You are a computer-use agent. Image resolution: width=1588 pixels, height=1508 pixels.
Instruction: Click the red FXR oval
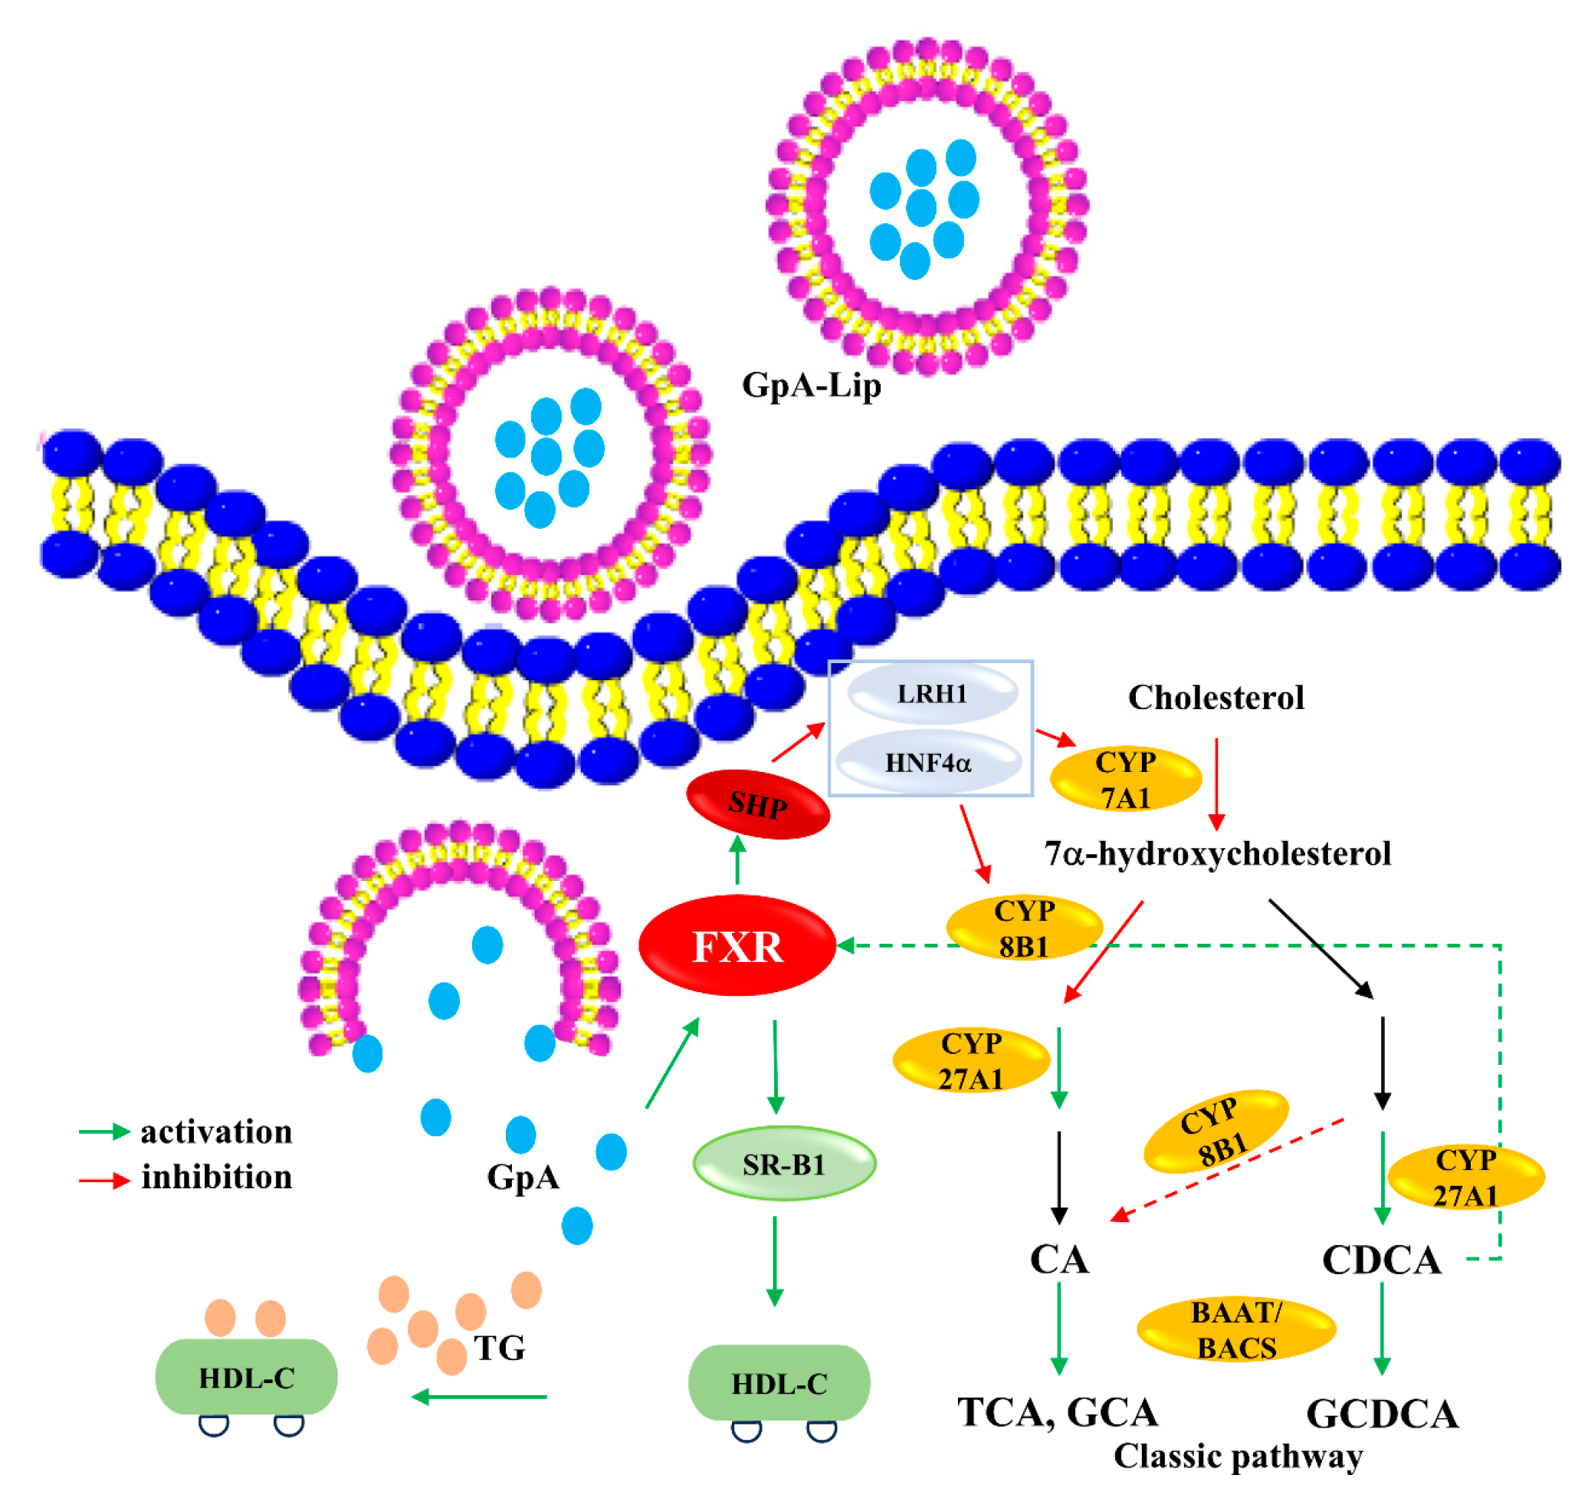737,946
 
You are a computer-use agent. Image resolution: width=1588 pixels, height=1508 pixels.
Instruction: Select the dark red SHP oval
757,805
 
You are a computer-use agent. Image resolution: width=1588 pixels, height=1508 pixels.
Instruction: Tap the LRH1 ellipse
932,694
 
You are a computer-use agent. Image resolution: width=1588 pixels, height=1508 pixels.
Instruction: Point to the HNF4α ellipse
928,762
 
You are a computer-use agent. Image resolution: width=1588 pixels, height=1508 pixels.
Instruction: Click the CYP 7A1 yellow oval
1125,779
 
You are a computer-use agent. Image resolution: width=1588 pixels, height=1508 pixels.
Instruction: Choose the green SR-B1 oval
783,1164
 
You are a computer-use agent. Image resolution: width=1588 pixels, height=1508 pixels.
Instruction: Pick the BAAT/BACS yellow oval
1235,1330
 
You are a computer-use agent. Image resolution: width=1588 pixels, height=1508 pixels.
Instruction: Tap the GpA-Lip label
811,385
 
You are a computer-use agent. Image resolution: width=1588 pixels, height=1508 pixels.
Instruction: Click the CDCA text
1380,1260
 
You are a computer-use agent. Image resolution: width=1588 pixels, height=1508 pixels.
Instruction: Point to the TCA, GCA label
1057,1412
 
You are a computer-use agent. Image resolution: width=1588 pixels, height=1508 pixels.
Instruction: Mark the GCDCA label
1382,1414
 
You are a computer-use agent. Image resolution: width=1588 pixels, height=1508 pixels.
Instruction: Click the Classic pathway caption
1238,1456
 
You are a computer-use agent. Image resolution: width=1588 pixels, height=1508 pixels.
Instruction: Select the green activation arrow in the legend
103,1132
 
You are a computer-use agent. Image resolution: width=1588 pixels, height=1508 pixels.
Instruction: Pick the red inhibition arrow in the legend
103,1180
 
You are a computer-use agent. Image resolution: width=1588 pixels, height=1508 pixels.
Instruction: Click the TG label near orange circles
499,1348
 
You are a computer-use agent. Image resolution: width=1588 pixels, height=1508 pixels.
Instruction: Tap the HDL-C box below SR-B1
779,1383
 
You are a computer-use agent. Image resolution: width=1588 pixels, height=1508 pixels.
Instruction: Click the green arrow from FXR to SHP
737,861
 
